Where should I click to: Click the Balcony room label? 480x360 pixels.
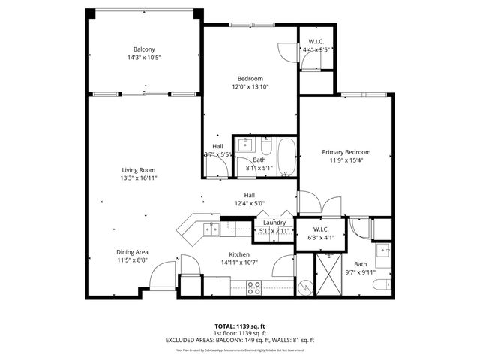143,49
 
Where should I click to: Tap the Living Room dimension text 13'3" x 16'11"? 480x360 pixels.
143,179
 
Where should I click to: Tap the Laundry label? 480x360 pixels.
274,223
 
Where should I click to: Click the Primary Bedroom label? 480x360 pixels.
346,152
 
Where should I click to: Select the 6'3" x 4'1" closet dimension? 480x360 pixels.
320,238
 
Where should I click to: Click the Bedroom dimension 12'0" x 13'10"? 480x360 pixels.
250,87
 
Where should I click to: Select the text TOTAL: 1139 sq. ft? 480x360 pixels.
239,326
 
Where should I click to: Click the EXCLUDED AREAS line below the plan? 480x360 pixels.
239,340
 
